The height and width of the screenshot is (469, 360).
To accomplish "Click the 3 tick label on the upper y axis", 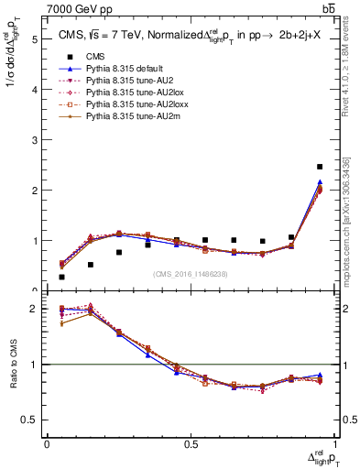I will tap(34, 141).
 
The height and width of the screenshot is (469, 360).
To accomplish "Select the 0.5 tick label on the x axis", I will tap(190, 443).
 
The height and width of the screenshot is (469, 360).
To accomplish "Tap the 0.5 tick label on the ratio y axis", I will tap(30, 420).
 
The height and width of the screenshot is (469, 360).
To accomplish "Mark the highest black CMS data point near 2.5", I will tap(319, 167).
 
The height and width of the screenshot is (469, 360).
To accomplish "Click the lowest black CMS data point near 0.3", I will tap(61, 277).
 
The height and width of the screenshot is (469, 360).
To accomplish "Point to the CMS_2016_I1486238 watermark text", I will tap(190, 273).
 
